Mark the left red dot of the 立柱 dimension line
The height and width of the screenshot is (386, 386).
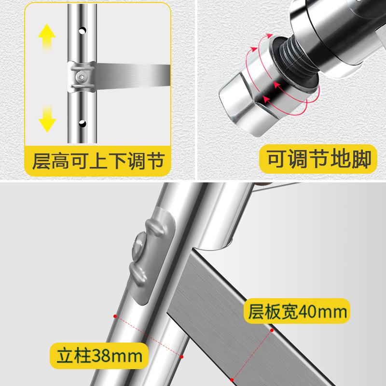(115, 316)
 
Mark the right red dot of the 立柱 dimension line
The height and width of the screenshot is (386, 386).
(182, 356)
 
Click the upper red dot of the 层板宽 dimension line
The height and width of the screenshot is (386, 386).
(273, 331)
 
